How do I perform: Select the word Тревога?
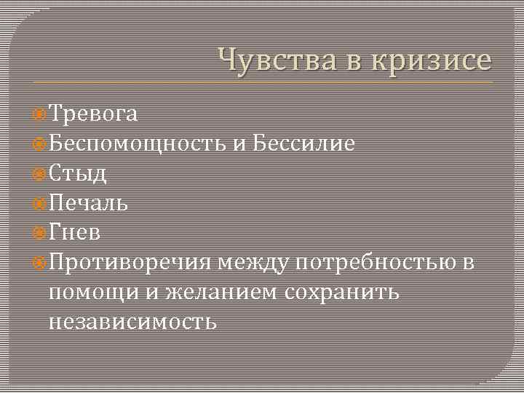[x=93, y=114]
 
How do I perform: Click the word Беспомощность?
[x=138, y=143]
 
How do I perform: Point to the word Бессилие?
[x=303, y=143]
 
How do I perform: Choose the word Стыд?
[x=78, y=173]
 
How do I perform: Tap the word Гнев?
[x=76, y=232]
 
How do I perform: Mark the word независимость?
[x=132, y=321]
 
